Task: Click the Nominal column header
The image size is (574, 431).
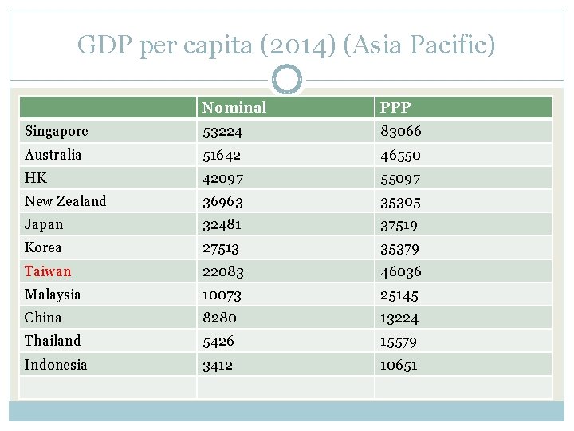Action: click(x=234, y=108)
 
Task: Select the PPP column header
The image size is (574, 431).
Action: click(x=395, y=108)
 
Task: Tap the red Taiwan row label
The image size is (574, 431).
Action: click(x=48, y=271)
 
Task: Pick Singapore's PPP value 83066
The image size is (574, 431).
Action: click(x=401, y=131)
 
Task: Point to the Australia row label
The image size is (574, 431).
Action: click(x=53, y=154)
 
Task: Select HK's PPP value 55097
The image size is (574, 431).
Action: click(x=400, y=178)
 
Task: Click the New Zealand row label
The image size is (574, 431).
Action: click(x=65, y=201)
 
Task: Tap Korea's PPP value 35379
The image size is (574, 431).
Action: click(x=400, y=248)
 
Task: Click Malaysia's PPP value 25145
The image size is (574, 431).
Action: click(x=399, y=295)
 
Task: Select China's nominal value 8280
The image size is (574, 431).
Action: click(x=219, y=318)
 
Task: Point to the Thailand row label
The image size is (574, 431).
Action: click(x=53, y=341)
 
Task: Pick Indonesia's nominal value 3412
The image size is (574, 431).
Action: click(x=218, y=365)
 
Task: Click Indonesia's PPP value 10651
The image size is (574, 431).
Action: click(x=399, y=365)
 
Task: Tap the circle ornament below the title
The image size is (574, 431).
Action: click(x=287, y=80)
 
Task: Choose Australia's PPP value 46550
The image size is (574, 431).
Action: click(x=400, y=155)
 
